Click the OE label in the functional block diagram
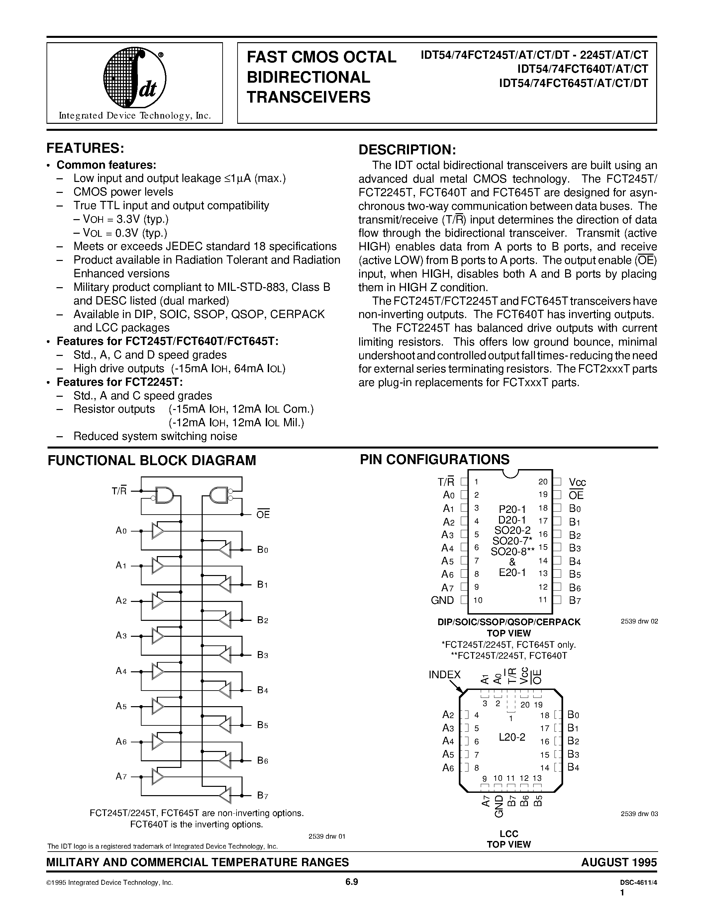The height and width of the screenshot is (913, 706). pyautogui.click(x=263, y=515)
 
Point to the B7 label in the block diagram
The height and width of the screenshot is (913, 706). pyautogui.click(x=262, y=795)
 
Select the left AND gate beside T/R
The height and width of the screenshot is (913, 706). pyautogui.click(x=163, y=495)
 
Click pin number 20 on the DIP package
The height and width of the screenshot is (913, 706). pyautogui.click(x=543, y=482)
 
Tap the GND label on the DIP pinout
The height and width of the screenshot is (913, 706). pyautogui.click(x=442, y=600)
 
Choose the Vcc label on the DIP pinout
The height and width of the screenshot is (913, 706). pyautogui.click(x=577, y=482)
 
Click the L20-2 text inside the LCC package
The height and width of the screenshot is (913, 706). pyautogui.click(x=512, y=737)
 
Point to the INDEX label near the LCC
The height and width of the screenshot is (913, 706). pyautogui.click(x=444, y=675)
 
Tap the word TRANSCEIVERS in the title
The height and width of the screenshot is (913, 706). pyautogui.click(x=309, y=97)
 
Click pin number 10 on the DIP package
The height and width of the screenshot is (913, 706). pyautogui.click(x=478, y=600)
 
